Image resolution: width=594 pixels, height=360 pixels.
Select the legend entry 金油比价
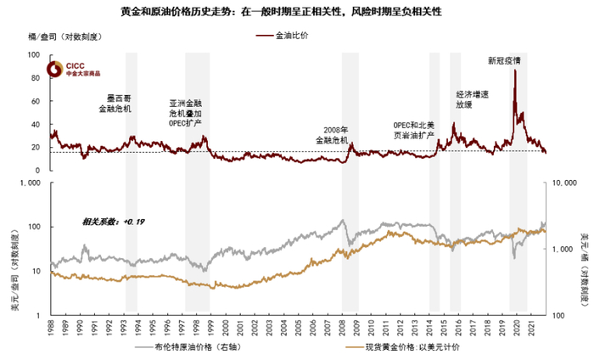pyautogui.click(x=294, y=38)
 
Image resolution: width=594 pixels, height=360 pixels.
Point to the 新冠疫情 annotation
pyautogui.click(x=505, y=61)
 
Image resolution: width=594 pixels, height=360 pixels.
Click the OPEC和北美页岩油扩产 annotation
pyautogui.click(x=414, y=129)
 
